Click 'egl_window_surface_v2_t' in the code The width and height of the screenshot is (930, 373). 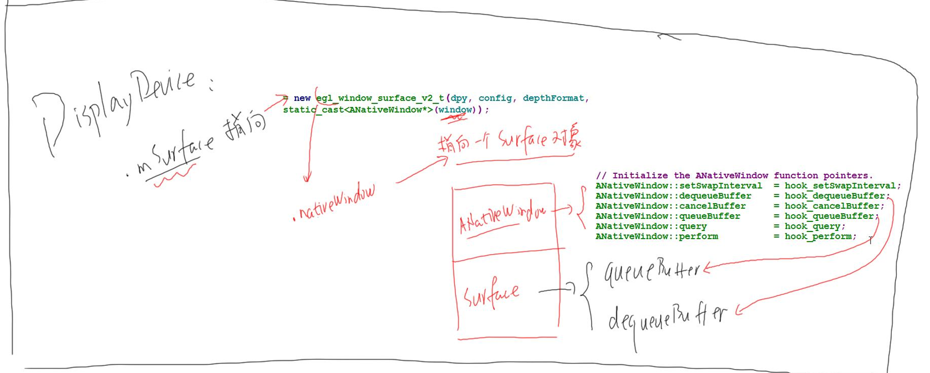click(x=380, y=98)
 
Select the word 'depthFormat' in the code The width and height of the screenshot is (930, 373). click(x=553, y=98)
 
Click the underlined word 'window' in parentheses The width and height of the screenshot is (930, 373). click(x=455, y=110)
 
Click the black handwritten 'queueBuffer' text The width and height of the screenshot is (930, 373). click(x=652, y=271)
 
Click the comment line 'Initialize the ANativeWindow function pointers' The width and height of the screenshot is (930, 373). click(x=734, y=175)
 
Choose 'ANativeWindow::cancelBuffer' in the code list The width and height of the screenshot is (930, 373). click(x=670, y=206)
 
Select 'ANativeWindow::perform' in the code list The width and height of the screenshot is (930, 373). click(x=657, y=236)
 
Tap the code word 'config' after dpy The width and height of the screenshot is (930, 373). click(x=495, y=98)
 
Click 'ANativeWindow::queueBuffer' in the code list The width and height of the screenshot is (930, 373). click(x=668, y=216)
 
